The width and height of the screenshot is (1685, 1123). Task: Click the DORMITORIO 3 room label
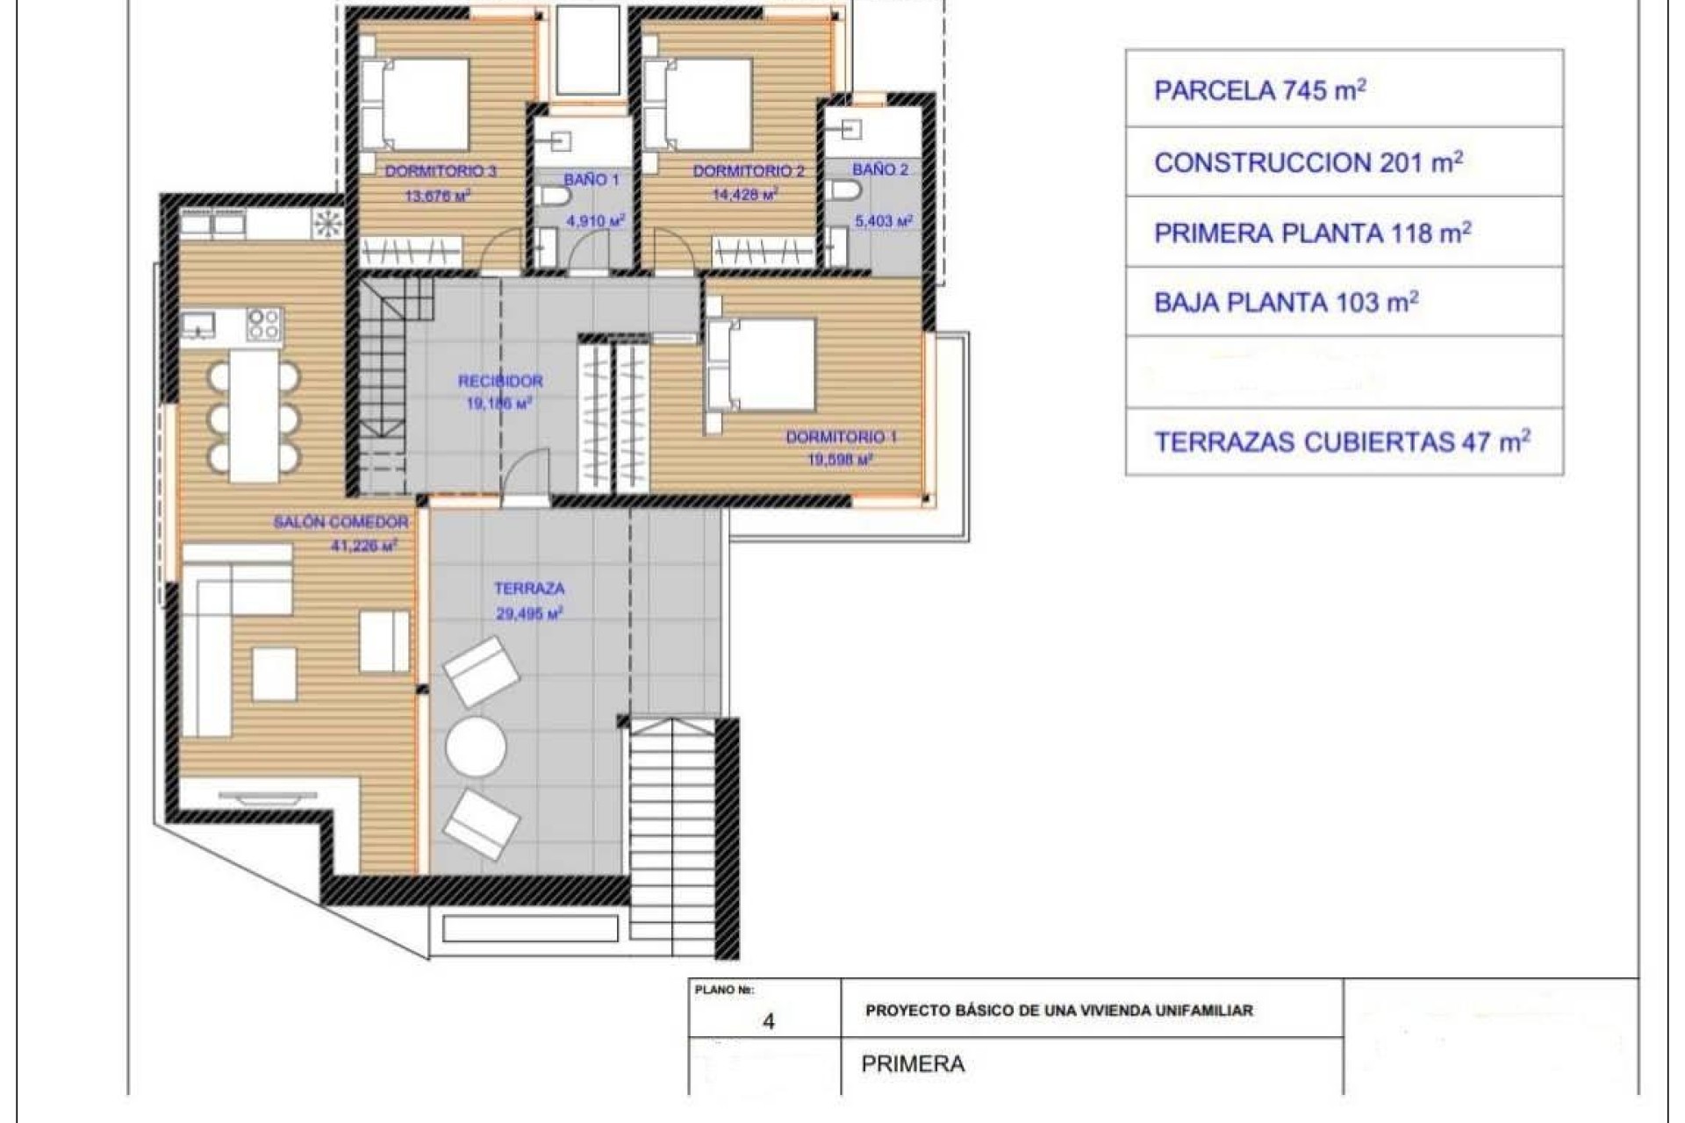point(441,171)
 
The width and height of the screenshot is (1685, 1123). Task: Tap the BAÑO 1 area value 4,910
point(595,221)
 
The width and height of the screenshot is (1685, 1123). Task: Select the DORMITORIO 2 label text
point(748,171)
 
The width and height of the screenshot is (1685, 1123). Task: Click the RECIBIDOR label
point(500,381)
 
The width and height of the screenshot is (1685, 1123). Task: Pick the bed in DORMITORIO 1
point(762,365)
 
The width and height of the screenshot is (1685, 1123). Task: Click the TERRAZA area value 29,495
point(528,614)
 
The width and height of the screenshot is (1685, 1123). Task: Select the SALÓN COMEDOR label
point(341,522)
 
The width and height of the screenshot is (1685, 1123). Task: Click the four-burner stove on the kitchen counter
point(263,324)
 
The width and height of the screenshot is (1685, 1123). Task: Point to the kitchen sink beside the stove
point(199,325)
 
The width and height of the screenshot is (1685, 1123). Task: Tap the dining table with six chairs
point(254,416)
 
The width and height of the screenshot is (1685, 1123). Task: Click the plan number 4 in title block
point(768,1021)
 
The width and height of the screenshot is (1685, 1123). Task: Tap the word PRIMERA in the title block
point(913,1064)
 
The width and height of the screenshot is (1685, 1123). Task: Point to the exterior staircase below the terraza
point(671,833)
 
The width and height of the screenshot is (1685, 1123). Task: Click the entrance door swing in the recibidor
point(529,476)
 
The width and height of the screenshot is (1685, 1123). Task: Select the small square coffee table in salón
point(274,674)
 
